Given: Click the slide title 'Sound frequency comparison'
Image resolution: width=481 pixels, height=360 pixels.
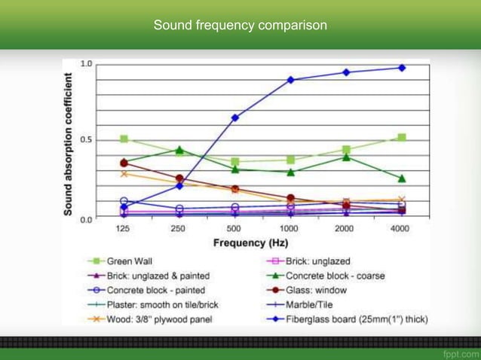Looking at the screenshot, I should (x=240, y=25).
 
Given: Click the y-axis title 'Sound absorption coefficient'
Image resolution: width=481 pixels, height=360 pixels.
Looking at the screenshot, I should (x=69, y=144).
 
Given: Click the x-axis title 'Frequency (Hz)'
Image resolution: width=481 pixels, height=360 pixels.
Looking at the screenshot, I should (x=251, y=243).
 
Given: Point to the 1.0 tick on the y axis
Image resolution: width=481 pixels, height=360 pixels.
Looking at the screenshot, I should (x=87, y=64).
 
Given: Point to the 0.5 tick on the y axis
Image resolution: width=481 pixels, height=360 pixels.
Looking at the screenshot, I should (x=87, y=140).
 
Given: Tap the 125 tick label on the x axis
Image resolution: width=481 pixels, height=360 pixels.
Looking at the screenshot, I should (x=124, y=228).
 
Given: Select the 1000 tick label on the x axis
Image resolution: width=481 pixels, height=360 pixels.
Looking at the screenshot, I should (x=290, y=228).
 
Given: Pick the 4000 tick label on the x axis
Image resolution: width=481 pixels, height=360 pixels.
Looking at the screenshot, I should (x=400, y=228).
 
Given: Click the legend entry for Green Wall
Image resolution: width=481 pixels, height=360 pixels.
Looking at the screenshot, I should (x=129, y=261).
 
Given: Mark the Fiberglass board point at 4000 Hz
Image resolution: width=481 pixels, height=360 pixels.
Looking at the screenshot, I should (x=401, y=68).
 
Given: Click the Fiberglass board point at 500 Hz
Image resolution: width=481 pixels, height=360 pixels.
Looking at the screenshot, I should (x=234, y=117).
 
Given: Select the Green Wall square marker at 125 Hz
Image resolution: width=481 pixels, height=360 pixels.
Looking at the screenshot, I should (x=124, y=139).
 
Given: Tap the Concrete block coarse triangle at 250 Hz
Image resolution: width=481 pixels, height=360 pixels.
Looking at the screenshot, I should (x=179, y=150).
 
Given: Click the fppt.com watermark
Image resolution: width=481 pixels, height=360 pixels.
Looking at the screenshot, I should (x=460, y=353).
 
